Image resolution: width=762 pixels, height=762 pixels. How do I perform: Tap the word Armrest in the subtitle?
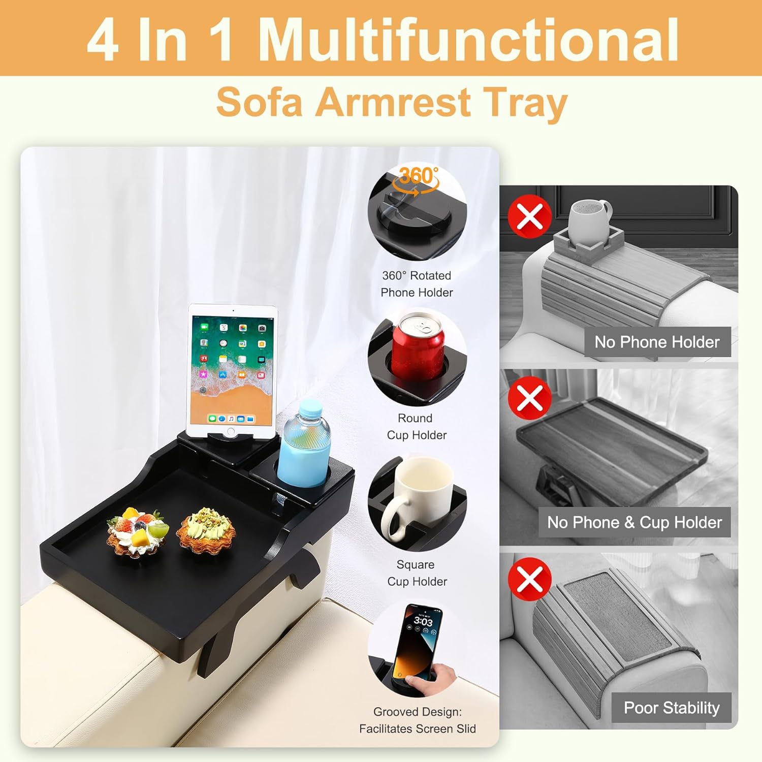393,102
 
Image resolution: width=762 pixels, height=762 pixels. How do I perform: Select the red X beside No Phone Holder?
530,216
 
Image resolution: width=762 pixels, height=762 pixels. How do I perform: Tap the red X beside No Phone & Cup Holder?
530,397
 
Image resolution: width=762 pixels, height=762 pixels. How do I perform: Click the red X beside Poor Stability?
530,579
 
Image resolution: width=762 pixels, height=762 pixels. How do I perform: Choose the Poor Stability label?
672,708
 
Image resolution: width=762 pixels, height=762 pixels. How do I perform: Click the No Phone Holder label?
657,342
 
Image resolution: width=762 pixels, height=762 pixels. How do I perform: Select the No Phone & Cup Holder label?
634,522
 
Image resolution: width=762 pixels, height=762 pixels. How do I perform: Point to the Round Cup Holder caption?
417,427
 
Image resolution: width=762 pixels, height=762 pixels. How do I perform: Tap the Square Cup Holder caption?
417,573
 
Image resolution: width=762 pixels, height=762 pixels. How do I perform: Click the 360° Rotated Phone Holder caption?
417,284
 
